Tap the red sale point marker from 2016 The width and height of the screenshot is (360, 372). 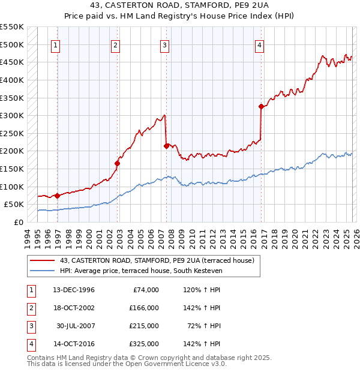tap(261, 107)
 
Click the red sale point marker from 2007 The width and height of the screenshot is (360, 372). tap(166, 145)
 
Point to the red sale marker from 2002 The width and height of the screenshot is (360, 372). tap(118, 163)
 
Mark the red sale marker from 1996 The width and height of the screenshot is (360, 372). tap(58, 196)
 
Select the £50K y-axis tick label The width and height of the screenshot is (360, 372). tap(14, 205)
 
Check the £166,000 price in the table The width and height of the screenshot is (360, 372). tap(145, 308)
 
